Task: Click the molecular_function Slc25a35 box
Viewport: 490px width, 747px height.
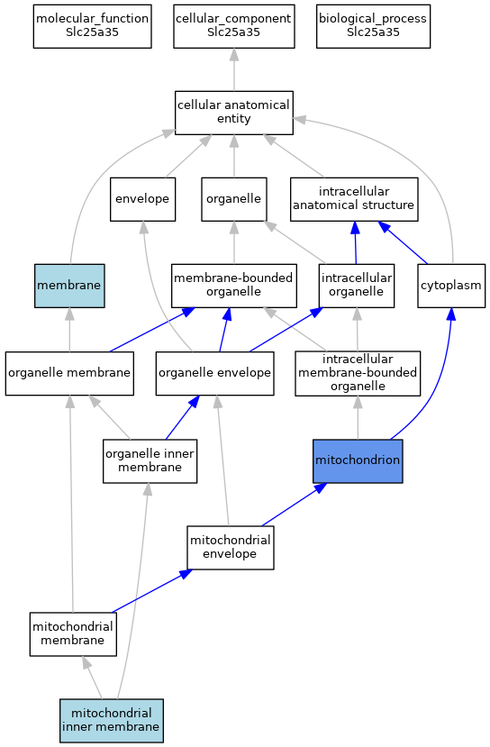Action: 93,26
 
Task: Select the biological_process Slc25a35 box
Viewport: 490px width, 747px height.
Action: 373,26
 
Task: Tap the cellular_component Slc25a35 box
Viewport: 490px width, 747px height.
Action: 234,26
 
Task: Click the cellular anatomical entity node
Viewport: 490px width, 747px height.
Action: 234,113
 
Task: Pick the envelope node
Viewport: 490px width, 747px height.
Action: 143,199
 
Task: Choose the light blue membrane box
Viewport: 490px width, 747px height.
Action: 69,286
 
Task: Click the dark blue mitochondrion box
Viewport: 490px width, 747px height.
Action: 358,461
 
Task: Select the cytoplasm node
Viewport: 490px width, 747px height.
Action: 451,286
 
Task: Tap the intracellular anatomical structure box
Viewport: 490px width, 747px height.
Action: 354,199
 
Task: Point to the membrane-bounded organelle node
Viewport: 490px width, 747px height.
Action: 234,286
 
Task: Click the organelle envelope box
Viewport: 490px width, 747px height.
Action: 214,373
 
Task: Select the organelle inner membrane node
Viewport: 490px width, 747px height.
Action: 150,461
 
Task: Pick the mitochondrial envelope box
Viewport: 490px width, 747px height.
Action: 231,547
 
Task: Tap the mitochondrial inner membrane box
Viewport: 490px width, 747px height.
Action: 112,721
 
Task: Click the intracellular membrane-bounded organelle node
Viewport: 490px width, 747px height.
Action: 358,373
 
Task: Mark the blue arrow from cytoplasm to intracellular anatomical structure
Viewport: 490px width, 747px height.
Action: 404,242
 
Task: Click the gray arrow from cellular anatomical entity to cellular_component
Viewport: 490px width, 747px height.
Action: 234,69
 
